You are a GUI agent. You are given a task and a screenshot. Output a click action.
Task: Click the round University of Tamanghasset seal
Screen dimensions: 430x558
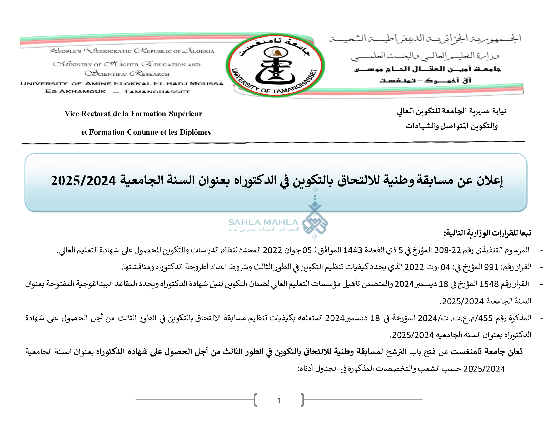pos(275,65)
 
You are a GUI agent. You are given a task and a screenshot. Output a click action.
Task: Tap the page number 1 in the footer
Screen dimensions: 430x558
pos(279,401)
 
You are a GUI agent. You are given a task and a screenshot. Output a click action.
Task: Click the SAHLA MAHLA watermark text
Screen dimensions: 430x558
pos(263,222)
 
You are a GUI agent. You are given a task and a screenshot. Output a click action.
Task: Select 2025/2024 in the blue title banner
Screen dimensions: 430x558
pos(83,181)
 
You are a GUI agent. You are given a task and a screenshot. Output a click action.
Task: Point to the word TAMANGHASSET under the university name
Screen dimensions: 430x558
pos(157,92)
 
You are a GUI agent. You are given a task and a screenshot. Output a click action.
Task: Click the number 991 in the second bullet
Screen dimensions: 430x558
pos(491,267)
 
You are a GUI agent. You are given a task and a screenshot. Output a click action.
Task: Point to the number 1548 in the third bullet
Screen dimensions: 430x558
pos(489,284)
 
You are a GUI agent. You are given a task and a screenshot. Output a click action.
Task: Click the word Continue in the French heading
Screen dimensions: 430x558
pos(143,132)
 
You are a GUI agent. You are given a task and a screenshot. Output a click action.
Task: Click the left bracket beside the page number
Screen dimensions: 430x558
pos(255,400)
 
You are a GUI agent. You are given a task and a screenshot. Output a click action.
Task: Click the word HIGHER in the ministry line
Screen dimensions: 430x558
pos(122,64)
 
